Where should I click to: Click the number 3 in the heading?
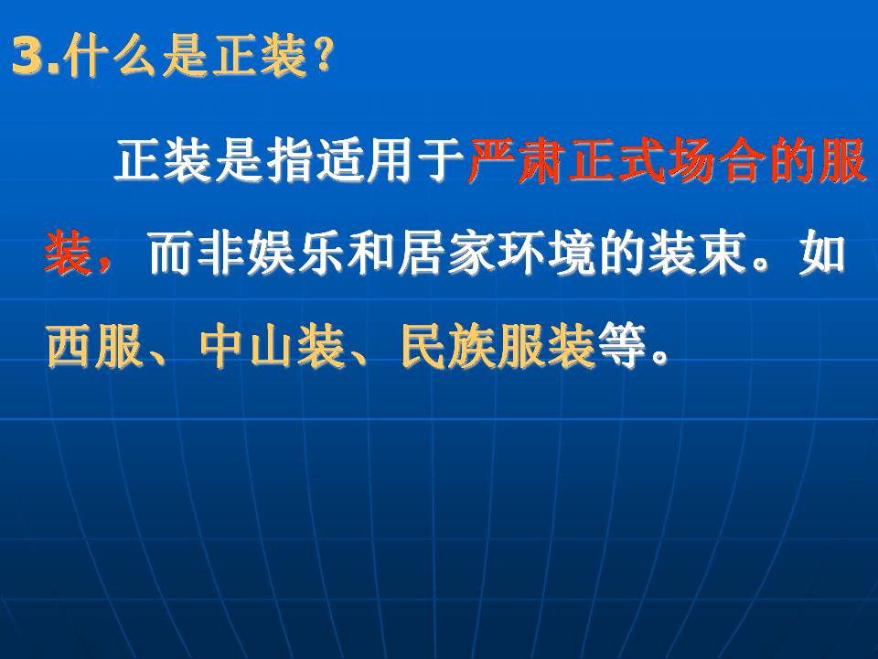tap(29, 56)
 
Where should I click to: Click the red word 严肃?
tap(516, 162)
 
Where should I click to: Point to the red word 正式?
tap(616, 162)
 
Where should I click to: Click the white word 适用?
tap(365, 162)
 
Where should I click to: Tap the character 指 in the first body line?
tap(290, 162)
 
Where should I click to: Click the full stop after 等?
tap(659, 356)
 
